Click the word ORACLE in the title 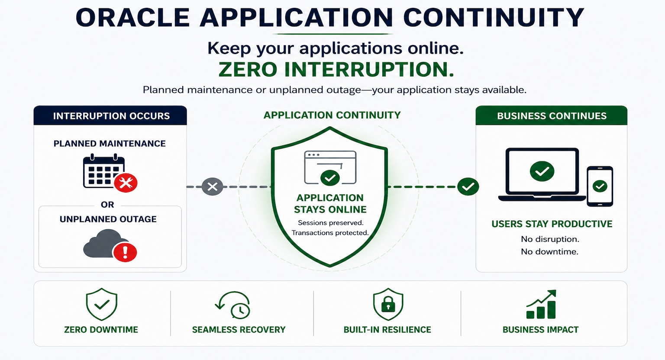point(133,18)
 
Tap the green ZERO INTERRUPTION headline point(336,70)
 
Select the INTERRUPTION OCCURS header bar point(110,116)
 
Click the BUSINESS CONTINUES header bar point(551,116)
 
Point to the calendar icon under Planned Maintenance point(104,171)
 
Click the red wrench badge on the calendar point(126,183)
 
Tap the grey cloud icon point(105,243)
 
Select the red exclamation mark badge point(125,252)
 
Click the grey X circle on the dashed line point(212,186)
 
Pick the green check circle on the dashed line point(468,186)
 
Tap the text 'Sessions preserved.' point(330,222)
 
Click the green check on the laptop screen point(542,171)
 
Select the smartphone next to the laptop point(600,186)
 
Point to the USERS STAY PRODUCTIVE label point(552,224)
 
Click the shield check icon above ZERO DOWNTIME point(102,304)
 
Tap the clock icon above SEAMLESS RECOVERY point(240,310)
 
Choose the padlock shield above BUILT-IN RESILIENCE point(388,304)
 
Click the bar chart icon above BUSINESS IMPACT point(541,304)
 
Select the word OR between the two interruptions point(107,205)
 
